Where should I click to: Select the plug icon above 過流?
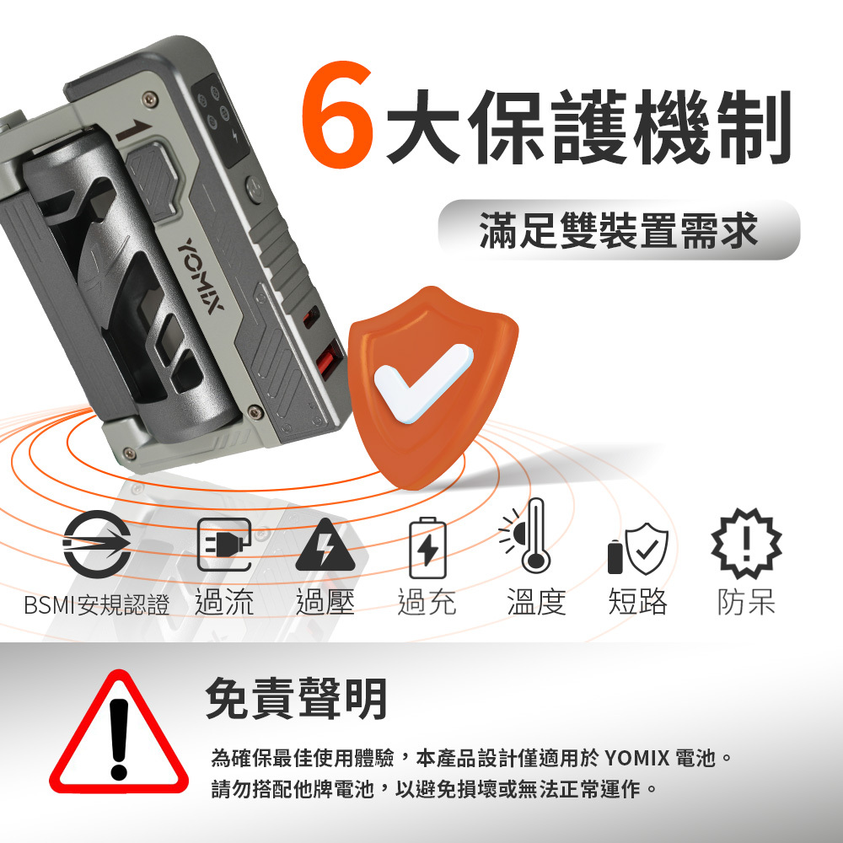[x=223, y=544]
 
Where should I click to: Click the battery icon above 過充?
[x=427, y=548]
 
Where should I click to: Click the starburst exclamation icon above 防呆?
[x=745, y=544]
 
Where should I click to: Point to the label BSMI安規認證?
[x=96, y=604]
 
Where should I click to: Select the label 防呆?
[x=745, y=603]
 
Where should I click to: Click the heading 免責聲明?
[x=297, y=699]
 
